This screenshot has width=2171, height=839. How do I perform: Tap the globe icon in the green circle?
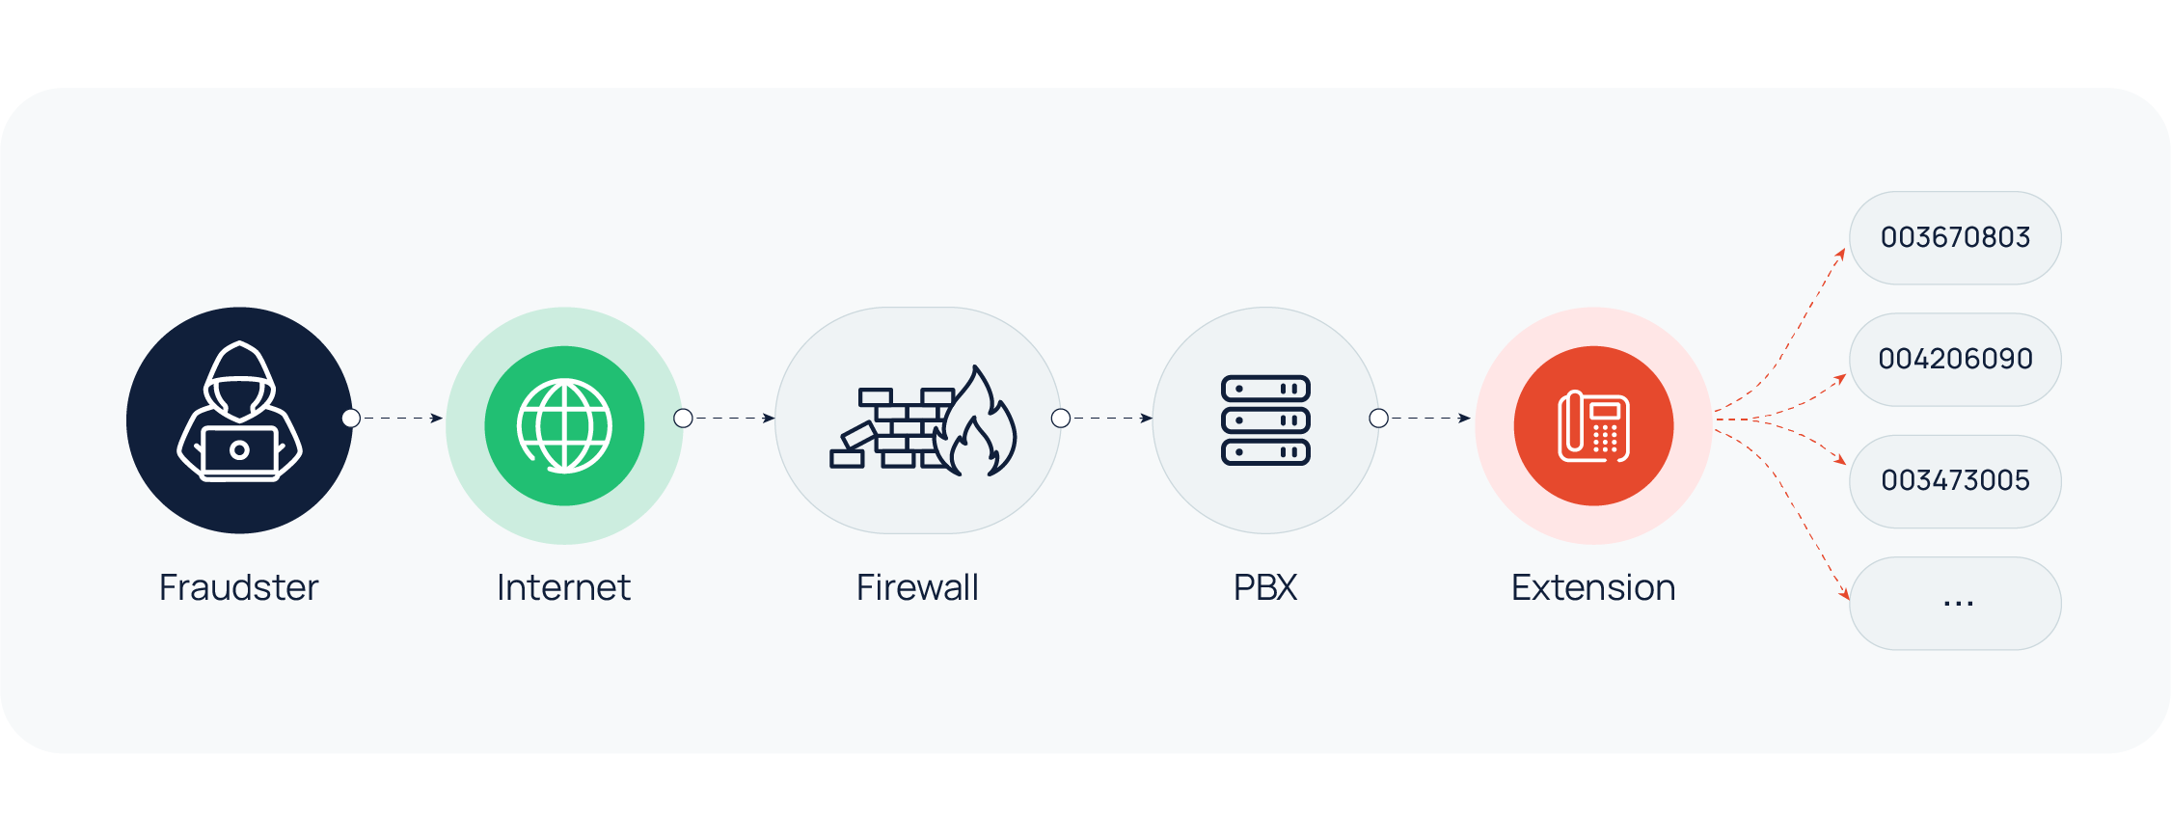tap(564, 425)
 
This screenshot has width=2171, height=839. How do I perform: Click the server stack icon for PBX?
tap(1265, 420)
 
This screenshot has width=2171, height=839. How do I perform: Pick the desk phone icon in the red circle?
tap(1593, 426)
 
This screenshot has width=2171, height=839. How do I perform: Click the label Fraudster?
tap(238, 587)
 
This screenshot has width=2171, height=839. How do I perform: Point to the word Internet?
tap(563, 587)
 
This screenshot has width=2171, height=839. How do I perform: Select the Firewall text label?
tap(917, 587)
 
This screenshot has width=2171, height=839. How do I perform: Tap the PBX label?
tap(1265, 587)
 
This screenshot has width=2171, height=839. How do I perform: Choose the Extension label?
tap(1593, 587)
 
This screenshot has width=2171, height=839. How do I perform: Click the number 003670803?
tap(1955, 237)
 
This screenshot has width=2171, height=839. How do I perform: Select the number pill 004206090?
tap(1955, 359)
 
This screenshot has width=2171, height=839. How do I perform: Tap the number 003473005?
tap(1955, 480)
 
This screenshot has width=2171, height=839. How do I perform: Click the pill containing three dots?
tap(1955, 603)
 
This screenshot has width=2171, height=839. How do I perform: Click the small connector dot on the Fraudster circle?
tap(351, 419)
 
